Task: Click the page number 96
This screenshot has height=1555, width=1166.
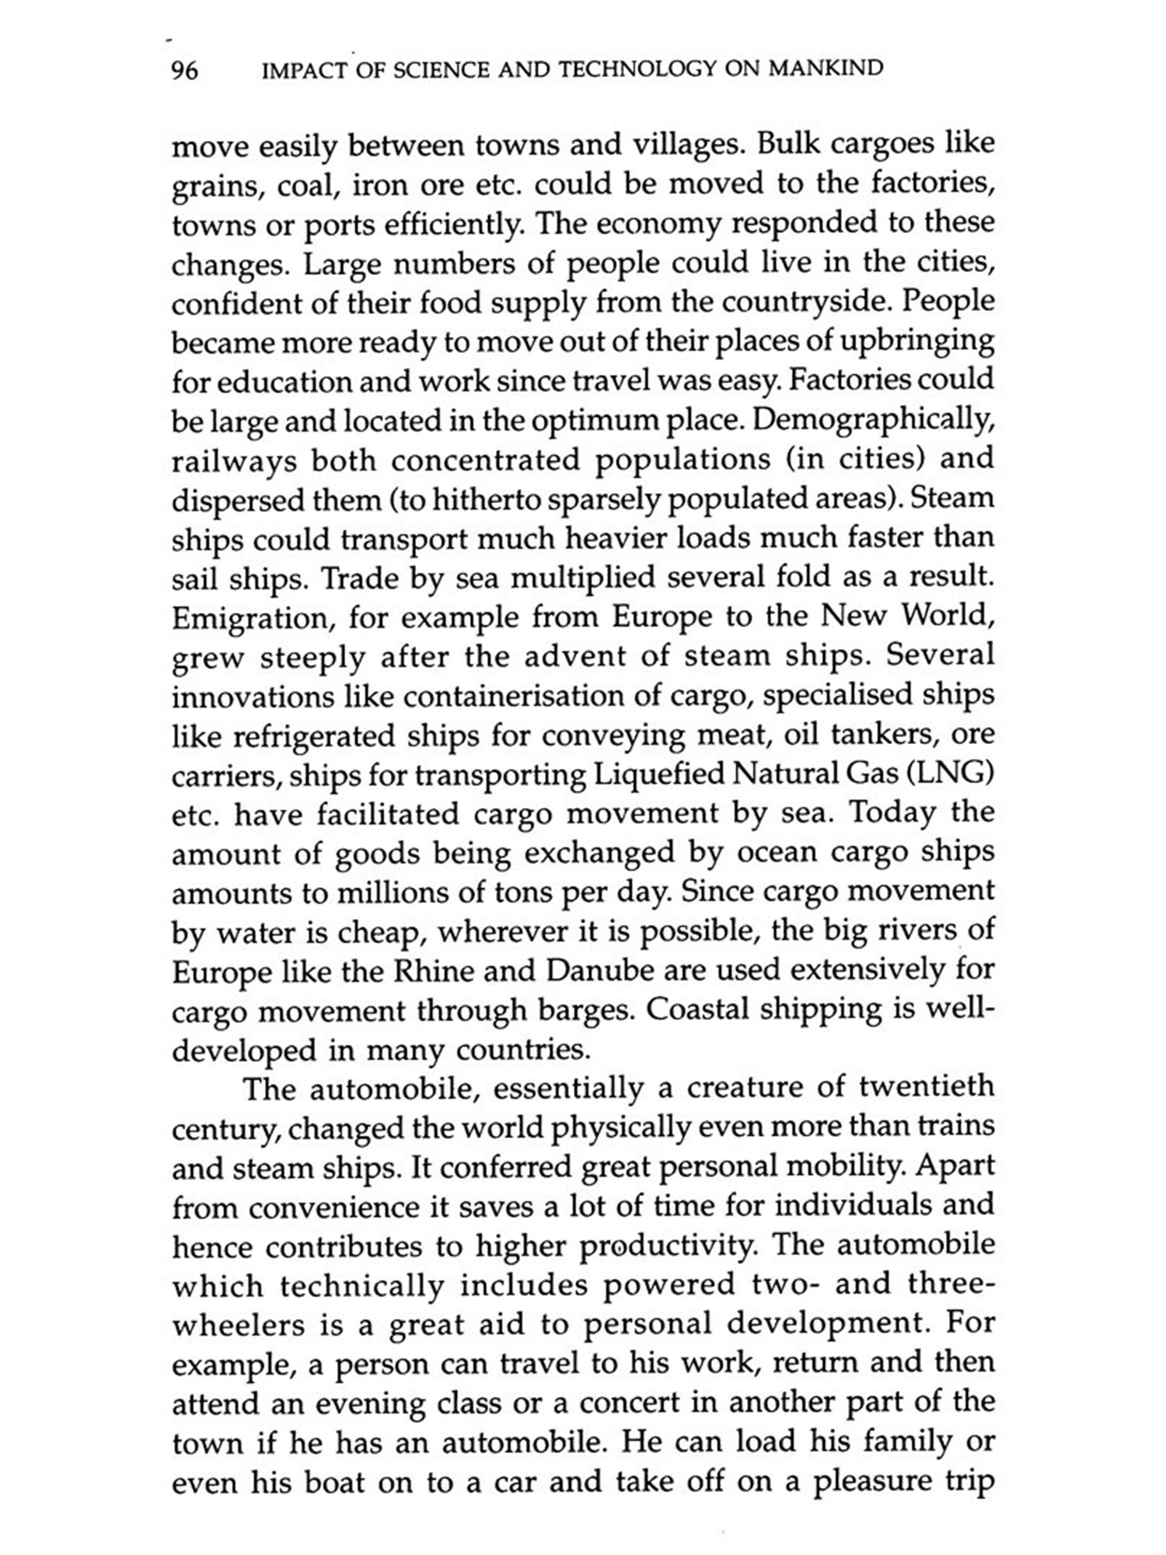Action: pos(185,71)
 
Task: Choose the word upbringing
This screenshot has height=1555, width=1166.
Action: pos(924,341)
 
